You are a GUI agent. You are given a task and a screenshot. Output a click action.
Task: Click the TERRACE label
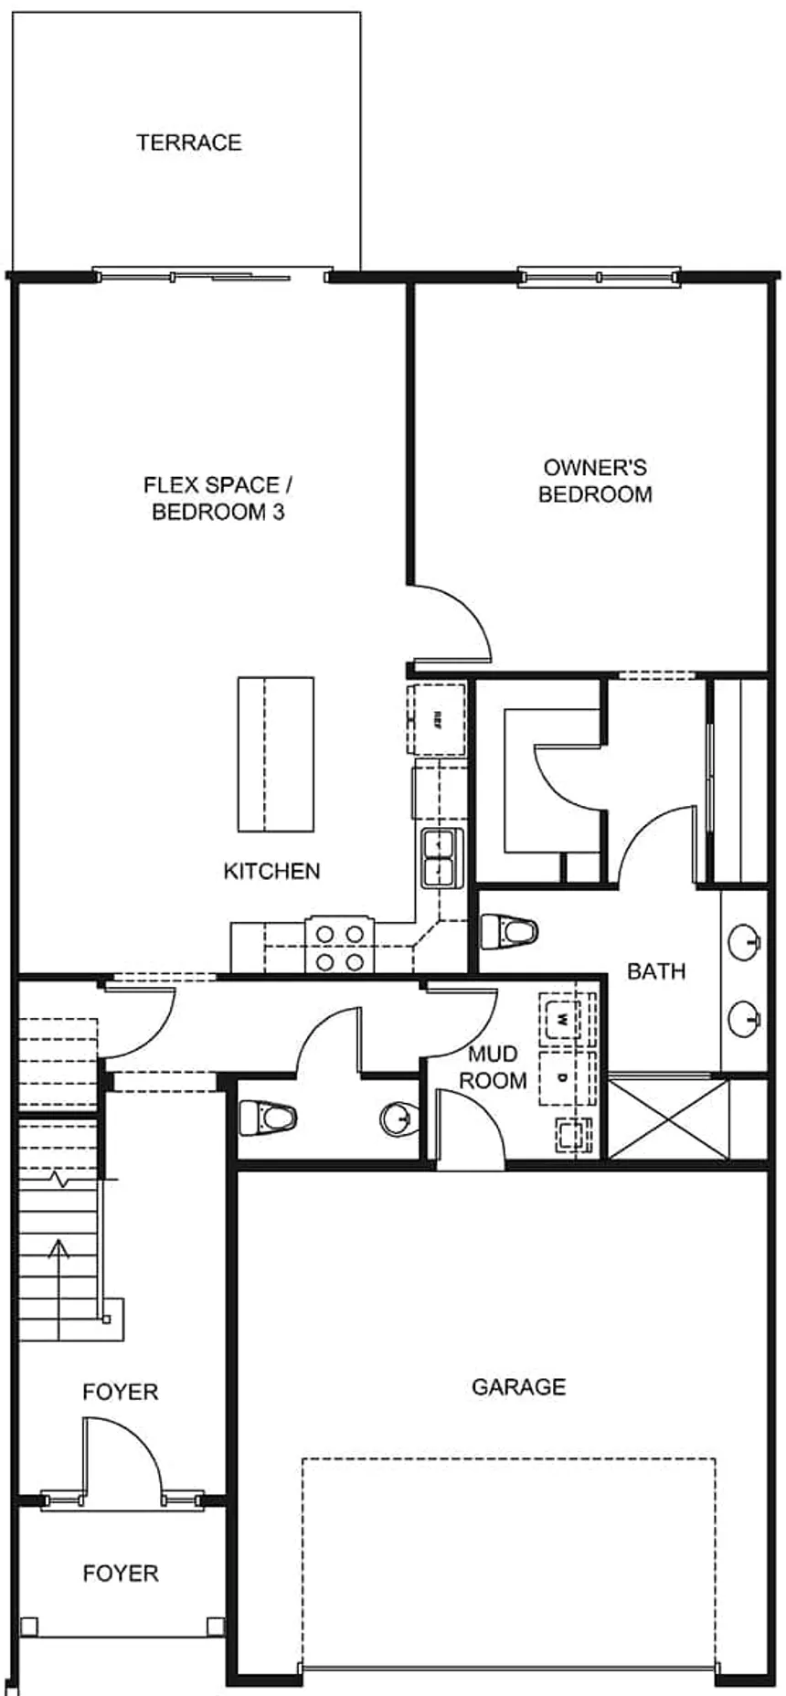[x=189, y=143]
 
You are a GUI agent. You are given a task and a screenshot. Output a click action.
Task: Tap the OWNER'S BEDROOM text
[x=595, y=481]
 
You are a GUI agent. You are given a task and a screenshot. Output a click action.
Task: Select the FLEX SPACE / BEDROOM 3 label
[x=218, y=498]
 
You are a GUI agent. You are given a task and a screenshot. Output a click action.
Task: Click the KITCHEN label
[x=271, y=871]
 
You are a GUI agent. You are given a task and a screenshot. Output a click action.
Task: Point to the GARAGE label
[x=518, y=1387]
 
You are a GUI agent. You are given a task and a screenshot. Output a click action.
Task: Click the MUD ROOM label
[x=493, y=1067]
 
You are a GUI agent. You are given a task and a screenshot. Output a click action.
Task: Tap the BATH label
[x=656, y=971]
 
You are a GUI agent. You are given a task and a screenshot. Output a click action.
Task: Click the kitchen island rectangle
[x=275, y=754]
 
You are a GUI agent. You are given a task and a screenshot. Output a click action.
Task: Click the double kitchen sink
[x=441, y=857]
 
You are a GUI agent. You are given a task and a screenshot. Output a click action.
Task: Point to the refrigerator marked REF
[x=437, y=715]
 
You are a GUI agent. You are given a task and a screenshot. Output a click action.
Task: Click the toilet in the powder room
[x=268, y=1117]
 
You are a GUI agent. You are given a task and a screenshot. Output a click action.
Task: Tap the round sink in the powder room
[x=398, y=1117]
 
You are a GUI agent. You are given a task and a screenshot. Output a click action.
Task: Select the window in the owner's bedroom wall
[x=599, y=276]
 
